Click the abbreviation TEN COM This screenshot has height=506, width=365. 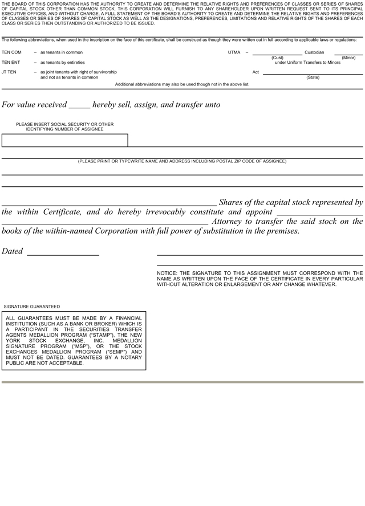(11, 52)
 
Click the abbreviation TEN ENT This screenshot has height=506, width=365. (11, 62)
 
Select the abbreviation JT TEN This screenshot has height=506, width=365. (9, 72)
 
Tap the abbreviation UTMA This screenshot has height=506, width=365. (234, 52)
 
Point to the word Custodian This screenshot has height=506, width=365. (314, 52)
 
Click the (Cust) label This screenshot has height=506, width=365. (278, 58)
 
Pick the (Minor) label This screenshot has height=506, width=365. (349, 58)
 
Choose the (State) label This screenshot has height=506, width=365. (313, 77)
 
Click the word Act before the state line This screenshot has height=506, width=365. (255, 72)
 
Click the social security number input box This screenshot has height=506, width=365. (64, 140)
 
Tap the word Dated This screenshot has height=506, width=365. (13, 251)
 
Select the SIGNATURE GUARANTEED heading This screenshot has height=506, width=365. (31, 307)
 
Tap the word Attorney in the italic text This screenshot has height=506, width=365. (229, 222)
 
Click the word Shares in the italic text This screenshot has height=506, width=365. (232, 202)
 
